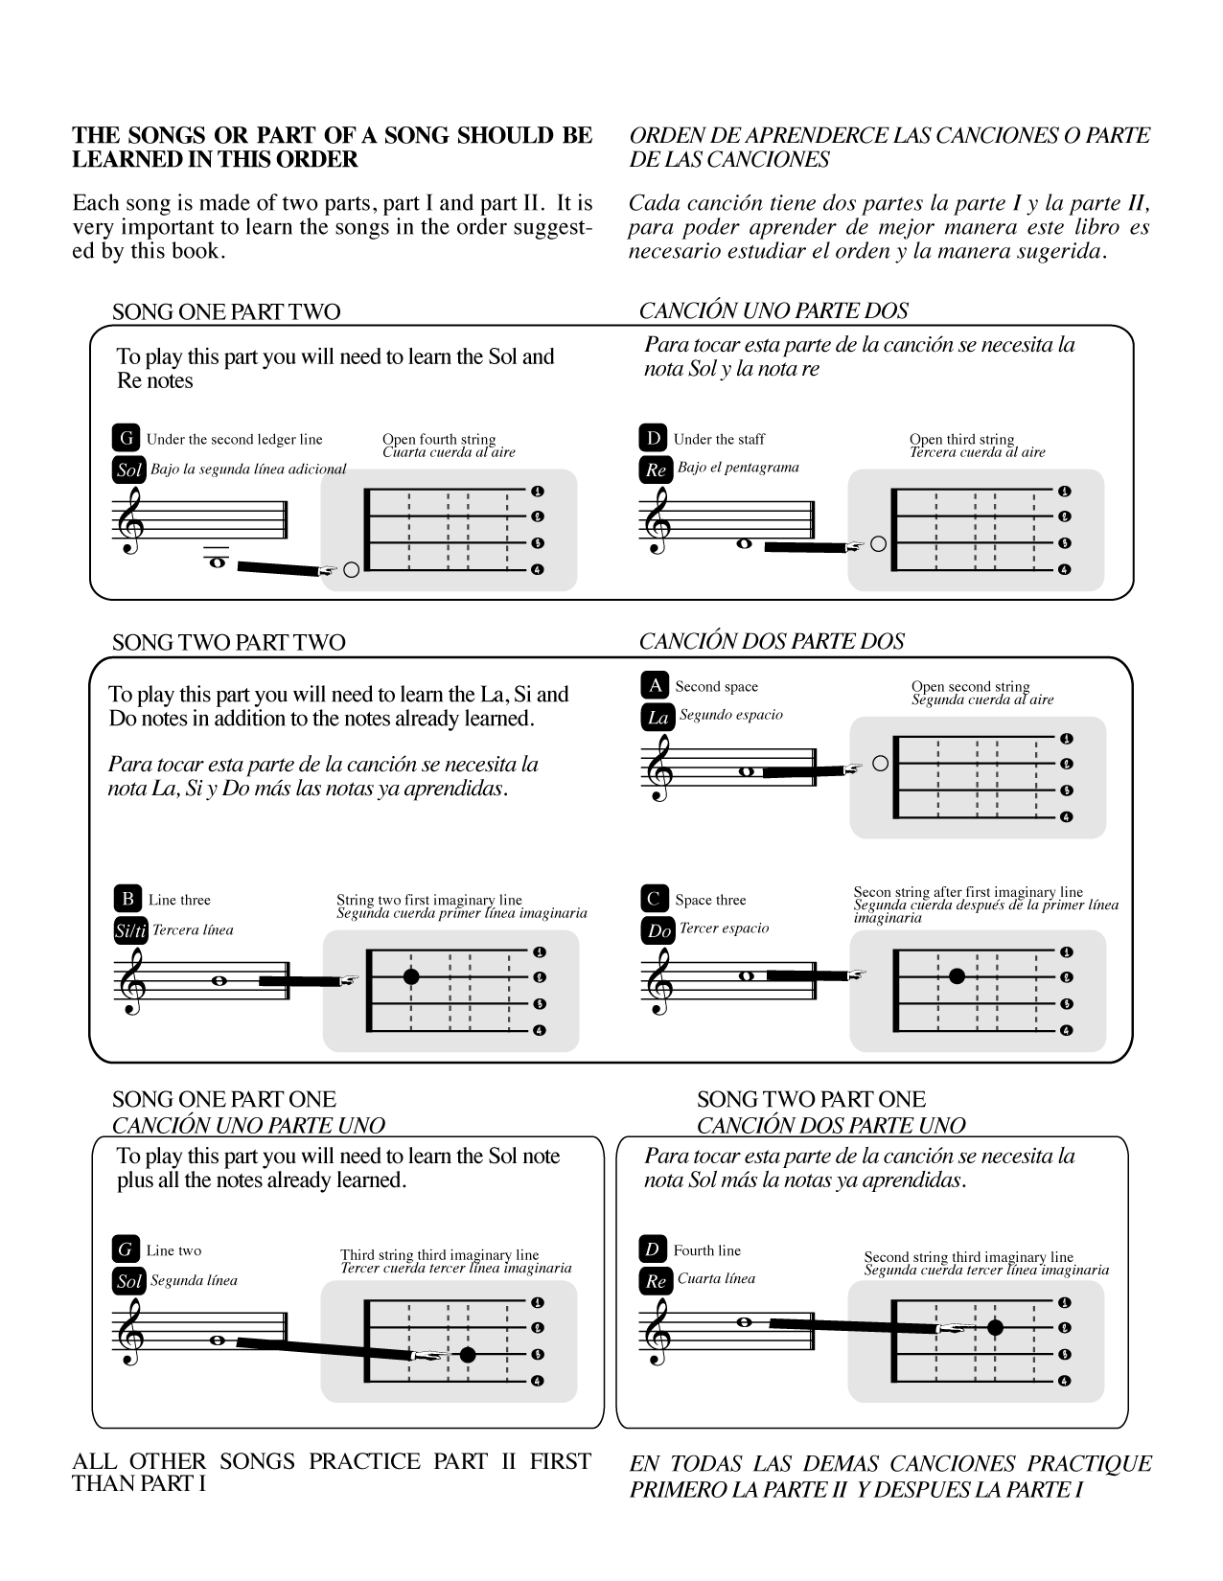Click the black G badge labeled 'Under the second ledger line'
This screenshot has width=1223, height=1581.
click(x=127, y=439)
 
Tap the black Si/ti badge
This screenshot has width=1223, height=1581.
click(x=129, y=930)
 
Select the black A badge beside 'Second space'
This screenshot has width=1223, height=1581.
click(x=655, y=685)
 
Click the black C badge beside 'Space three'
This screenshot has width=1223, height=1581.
click(x=655, y=899)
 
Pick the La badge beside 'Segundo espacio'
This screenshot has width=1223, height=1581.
click(x=658, y=717)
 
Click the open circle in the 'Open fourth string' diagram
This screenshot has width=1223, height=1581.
click(x=351, y=570)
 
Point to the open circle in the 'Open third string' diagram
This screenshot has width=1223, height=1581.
click(x=878, y=544)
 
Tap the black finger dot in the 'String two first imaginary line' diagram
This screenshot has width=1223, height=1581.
click(x=411, y=977)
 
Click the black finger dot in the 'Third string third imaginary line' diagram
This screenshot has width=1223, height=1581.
click(x=467, y=1355)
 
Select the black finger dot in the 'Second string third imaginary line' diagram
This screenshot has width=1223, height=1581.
click(x=995, y=1328)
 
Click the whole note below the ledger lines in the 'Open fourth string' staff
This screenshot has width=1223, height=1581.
click(x=218, y=562)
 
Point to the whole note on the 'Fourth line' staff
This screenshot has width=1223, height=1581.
click(x=744, y=1322)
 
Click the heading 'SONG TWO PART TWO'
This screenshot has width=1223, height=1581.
click(x=228, y=642)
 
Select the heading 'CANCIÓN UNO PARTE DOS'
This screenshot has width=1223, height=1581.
click(x=773, y=310)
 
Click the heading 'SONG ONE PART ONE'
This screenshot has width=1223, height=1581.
click(x=224, y=1099)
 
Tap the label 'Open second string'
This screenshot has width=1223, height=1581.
click(x=970, y=686)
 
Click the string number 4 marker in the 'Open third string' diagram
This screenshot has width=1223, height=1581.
click(x=1064, y=570)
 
